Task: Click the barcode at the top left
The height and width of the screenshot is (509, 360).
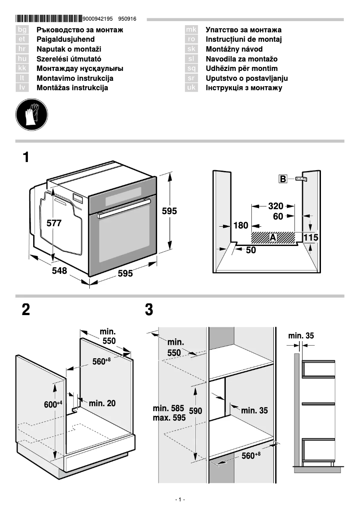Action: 49,19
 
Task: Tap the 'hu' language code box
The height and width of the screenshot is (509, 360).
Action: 22,59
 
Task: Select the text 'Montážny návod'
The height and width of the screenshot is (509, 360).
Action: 234,49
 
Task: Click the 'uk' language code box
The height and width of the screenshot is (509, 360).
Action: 192,88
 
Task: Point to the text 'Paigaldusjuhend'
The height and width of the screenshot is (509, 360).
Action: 66,39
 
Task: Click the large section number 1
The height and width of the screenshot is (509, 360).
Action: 26,158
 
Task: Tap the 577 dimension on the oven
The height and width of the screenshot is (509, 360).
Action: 54,223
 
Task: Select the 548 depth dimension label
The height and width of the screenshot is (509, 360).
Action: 59,271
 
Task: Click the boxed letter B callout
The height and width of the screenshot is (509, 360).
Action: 283,179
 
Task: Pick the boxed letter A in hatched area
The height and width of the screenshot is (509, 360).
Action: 273,237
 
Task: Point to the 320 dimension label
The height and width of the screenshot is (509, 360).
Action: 276,206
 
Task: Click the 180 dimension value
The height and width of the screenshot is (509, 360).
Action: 241,225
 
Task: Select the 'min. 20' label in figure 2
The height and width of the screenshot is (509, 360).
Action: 102,404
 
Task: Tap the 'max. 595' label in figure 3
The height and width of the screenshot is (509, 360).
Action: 169,417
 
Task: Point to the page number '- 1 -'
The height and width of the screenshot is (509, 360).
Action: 180,500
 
